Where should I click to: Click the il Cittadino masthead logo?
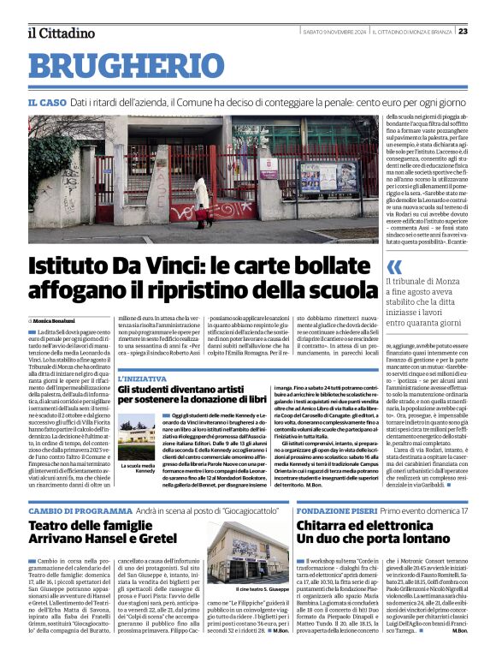tap(60, 33)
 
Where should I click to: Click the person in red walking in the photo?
tap(202, 212)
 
